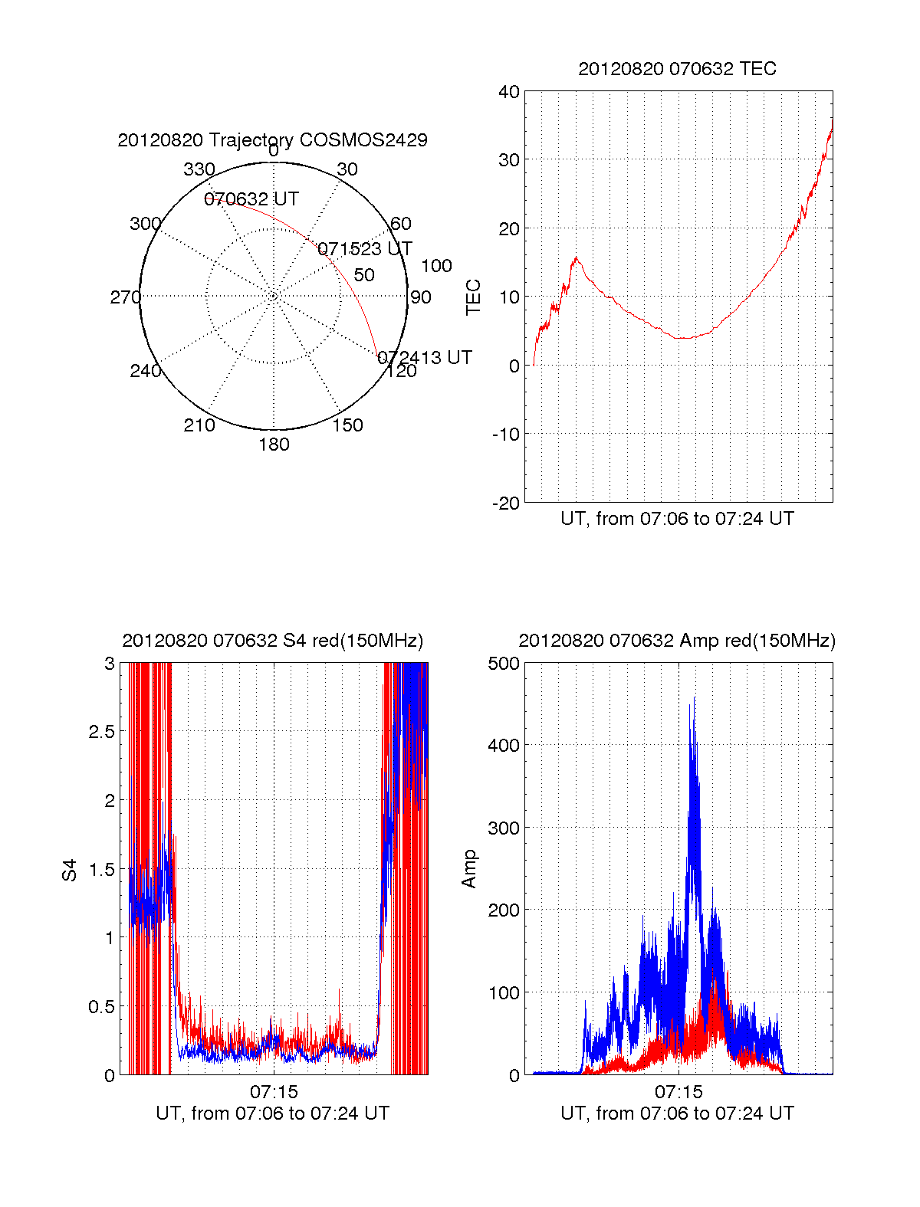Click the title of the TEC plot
(677, 69)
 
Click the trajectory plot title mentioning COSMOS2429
(272, 140)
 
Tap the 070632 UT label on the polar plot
(251, 199)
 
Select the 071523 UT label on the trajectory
(365, 249)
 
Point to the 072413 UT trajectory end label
(425, 358)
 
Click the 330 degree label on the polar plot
(199, 169)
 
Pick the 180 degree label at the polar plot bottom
(274, 444)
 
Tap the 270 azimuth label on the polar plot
(125, 297)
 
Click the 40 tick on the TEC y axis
(509, 92)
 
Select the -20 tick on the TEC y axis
(505, 503)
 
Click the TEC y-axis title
(474, 297)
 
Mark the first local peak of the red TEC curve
(577, 258)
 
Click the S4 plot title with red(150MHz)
(272, 641)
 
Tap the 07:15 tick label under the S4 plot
(274, 1091)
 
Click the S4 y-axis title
(70, 870)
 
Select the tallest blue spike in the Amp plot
(693, 698)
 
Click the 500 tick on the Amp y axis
(504, 664)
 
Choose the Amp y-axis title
(469, 869)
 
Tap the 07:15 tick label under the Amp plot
(678, 1091)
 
